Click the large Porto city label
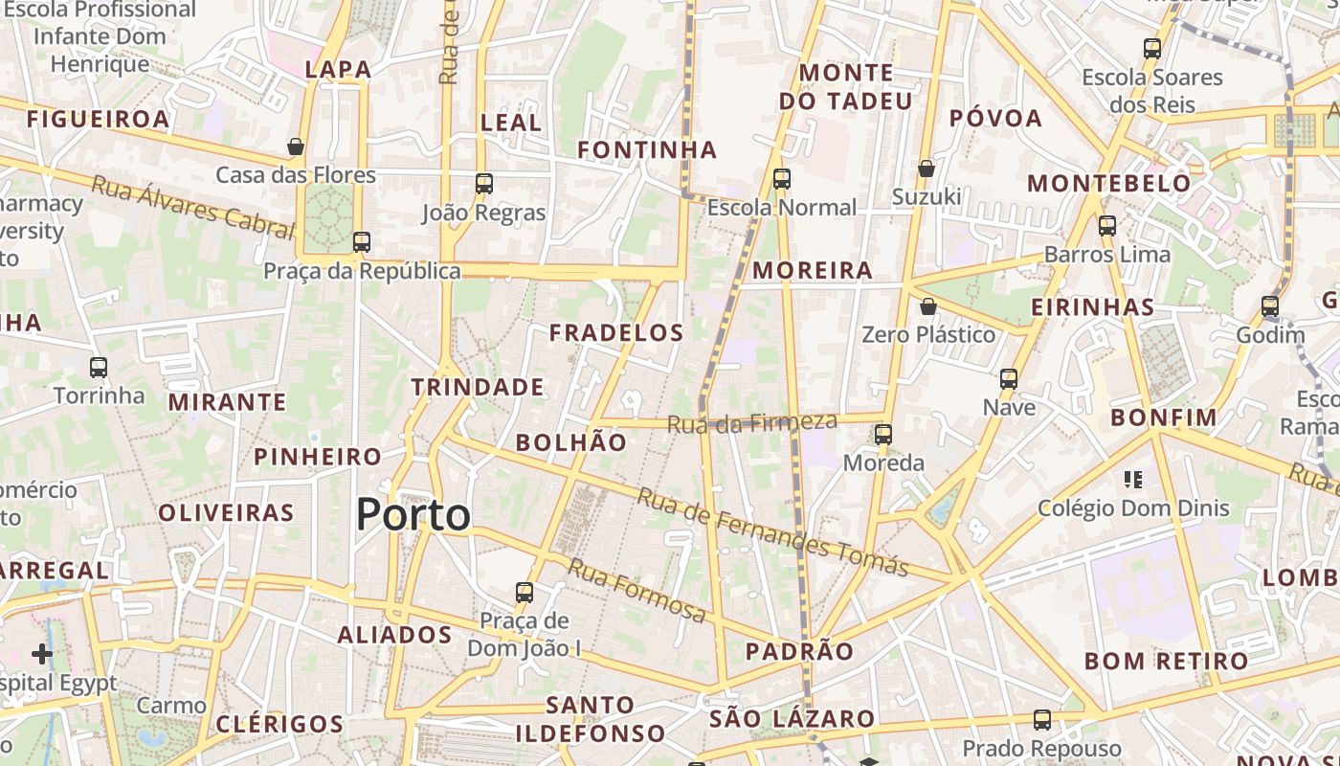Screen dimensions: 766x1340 click(413, 515)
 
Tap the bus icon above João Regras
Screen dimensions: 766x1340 click(484, 183)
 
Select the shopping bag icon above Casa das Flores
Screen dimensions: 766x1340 click(296, 146)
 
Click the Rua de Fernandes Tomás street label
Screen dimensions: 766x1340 click(772, 532)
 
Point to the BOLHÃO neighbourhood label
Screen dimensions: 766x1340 click(571, 442)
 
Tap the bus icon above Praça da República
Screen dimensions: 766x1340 click(362, 241)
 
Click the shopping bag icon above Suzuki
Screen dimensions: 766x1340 click(927, 169)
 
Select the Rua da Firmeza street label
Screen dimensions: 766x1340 click(752, 422)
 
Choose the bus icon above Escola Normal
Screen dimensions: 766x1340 click(782, 178)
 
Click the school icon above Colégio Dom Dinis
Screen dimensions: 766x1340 click(1133, 479)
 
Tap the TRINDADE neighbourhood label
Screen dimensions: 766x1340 click(478, 387)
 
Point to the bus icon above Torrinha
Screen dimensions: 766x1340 click(99, 367)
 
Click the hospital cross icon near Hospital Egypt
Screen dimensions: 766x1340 click(42, 654)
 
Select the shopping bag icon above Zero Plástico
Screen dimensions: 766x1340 click(928, 306)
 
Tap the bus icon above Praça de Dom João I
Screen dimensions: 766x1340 click(525, 592)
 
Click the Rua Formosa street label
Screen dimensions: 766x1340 click(636, 590)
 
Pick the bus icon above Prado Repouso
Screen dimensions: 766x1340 click(1042, 719)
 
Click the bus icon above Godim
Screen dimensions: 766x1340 click(1270, 306)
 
